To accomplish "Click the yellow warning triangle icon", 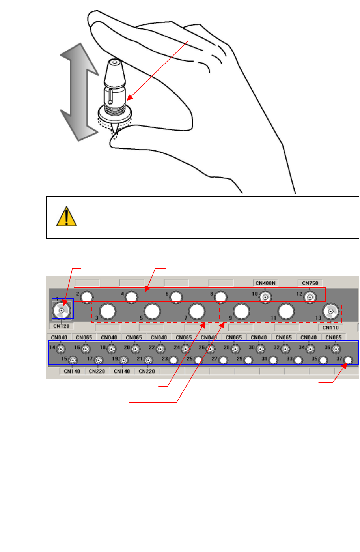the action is click(67, 217).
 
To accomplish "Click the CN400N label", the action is click(266, 283).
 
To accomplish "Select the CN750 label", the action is click(310, 283).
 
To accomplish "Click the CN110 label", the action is click(331, 327).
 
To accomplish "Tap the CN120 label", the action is click(61, 326).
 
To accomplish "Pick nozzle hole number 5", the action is click(151, 312).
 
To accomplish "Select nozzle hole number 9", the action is click(241, 312).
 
